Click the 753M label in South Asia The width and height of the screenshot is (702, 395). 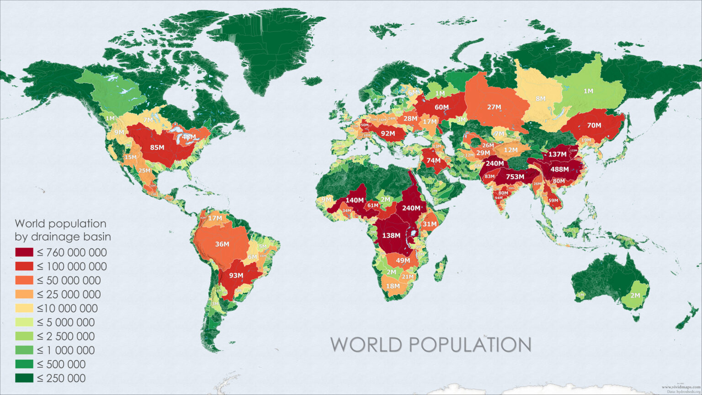tap(515, 177)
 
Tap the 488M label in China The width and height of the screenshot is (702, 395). tap(559, 169)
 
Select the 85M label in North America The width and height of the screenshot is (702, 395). tap(157, 147)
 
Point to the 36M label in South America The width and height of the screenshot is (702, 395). tap(222, 244)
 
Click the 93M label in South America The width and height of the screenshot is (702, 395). tap(236, 275)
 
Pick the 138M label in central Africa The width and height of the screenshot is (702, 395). tap(391, 235)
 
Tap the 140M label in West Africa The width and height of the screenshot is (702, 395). tap(355, 200)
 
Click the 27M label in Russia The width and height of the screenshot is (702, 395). tap(494, 107)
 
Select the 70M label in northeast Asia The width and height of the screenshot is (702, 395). tap(594, 125)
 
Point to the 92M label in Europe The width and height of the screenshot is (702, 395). tap(388, 133)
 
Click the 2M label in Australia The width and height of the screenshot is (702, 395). tap(635, 295)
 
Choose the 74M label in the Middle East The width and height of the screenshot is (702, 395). tap(434, 160)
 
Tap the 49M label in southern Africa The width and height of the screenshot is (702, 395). tap(403, 261)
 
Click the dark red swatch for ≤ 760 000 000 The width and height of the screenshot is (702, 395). tap(24, 252)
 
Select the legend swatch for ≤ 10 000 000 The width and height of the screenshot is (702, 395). tap(24, 309)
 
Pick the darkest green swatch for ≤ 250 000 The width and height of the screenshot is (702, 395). tap(24, 379)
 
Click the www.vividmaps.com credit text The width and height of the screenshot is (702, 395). tap(681, 387)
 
